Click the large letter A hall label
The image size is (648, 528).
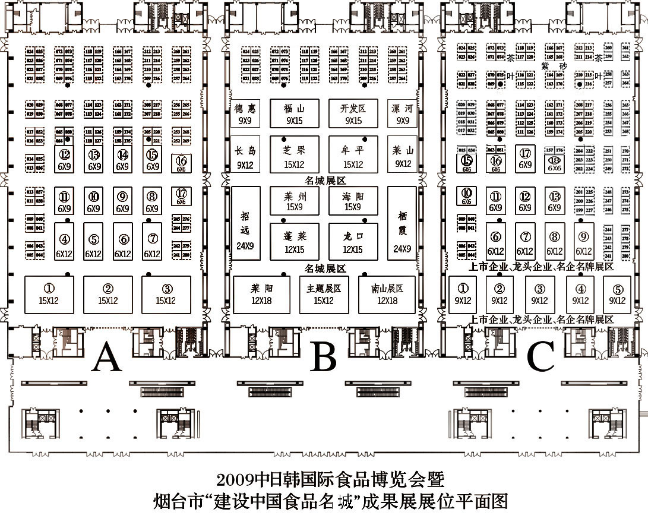(108, 358)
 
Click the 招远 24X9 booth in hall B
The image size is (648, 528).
(245, 223)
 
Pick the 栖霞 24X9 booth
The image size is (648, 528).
(402, 223)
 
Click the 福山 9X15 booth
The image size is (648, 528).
(294, 113)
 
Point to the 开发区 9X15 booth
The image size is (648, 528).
(353, 113)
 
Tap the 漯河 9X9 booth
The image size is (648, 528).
(403, 113)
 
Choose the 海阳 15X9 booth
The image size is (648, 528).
(353, 201)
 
